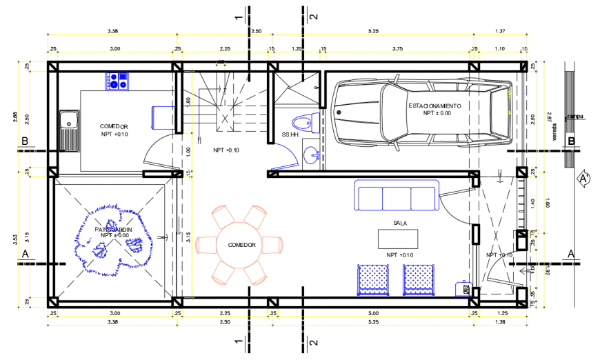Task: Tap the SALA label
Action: (400, 223)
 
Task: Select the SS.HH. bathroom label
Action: (290, 134)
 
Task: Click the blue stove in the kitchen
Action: (117, 81)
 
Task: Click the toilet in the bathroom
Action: (301, 123)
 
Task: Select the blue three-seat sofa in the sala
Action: (397, 196)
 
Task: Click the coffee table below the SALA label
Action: (398, 239)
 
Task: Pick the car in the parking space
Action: (421, 112)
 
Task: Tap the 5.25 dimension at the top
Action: (374, 31)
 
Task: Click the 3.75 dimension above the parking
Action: (397, 48)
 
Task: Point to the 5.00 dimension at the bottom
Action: (373, 313)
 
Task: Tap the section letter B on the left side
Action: (25, 142)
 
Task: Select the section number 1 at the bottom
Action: (237, 342)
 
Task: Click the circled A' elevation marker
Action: (583, 179)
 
